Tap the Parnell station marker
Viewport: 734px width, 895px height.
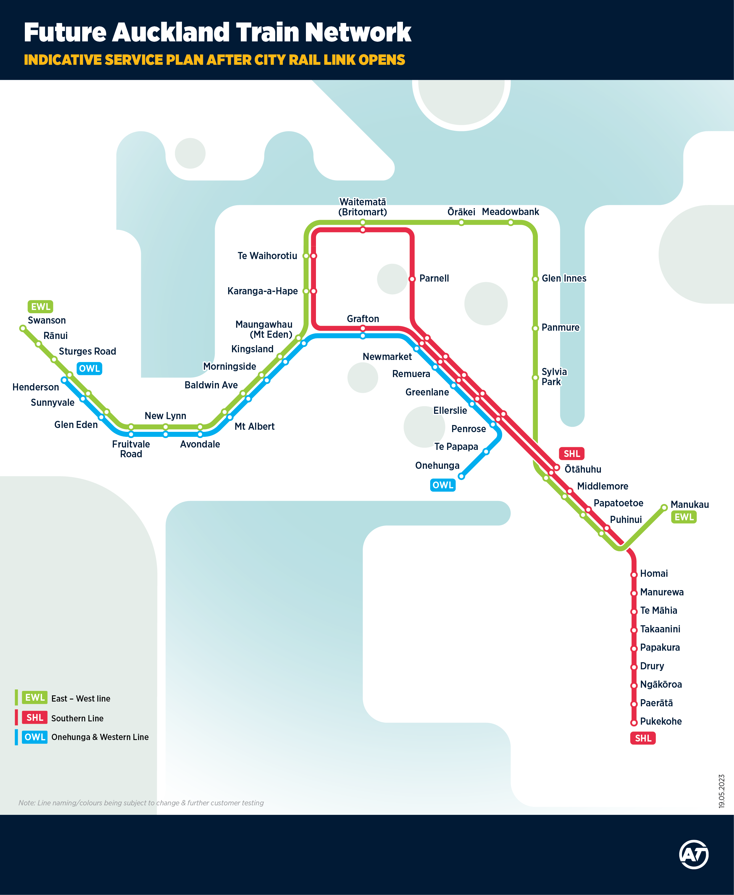[x=412, y=279]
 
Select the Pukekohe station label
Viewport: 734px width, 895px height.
[x=660, y=721]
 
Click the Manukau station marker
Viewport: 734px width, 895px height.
[x=664, y=507]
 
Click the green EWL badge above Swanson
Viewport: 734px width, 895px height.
[x=40, y=306]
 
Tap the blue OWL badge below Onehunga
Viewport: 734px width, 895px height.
[x=443, y=485]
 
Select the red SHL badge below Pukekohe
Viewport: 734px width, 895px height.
[x=643, y=738]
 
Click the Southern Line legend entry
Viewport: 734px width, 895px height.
[x=77, y=718]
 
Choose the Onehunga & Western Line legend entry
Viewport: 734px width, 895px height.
[x=100, y=737]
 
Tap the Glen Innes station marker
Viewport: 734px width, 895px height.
[x=535, y=279]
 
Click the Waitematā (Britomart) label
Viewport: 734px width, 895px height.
[x=362, y=207]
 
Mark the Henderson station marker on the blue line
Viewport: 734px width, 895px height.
[x=64, y=380]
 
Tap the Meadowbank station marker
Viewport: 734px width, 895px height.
[x=510, y=222]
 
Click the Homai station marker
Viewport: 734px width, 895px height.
[x=634, y=575]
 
